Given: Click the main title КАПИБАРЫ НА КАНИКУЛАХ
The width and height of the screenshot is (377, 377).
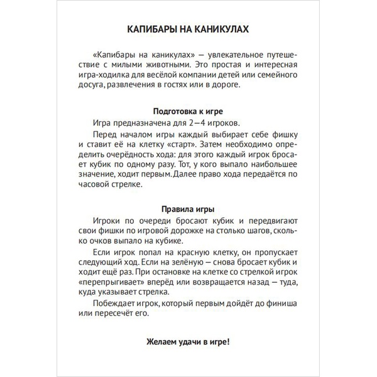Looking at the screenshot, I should [188, 30].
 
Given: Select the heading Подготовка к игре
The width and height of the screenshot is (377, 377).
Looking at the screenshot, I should [188, 109].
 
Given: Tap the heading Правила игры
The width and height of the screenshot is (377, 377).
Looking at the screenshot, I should [188, 209].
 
